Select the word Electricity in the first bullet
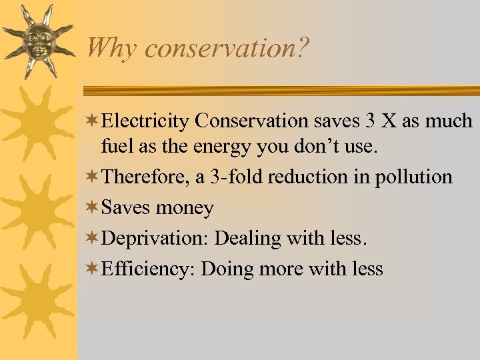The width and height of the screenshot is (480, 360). point(147,121)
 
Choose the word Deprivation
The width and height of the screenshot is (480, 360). point(155,238)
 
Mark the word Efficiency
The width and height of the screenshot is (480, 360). point(149,269)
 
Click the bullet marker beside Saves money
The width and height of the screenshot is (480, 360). point(94,207)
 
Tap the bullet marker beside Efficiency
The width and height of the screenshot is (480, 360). point(94,268)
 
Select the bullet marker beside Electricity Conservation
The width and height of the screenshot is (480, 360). point(94,121)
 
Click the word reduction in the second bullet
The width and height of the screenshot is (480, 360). point(318,177)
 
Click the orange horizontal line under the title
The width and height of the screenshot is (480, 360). point(280,91)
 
